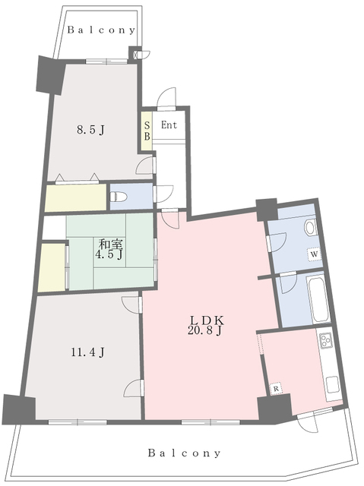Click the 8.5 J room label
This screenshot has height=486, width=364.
pos(90,130)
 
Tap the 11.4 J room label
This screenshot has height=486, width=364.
pos(87,352)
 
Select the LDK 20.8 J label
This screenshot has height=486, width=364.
pos(205,325)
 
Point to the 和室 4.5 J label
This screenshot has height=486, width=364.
pos(109,249)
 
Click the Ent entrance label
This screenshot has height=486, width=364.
pos(169,125)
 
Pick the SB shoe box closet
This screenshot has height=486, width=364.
pos(147,131)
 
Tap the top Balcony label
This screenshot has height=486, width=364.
pos(101,30)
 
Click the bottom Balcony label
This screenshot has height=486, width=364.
pos(184,453)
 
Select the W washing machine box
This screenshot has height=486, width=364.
pos(314,254)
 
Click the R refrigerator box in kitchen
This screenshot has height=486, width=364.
pos(277,388)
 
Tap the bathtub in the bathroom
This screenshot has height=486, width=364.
pos(318,299)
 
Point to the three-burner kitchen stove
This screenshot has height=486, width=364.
pos(325,340)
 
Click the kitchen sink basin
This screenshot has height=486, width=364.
pos(333,384)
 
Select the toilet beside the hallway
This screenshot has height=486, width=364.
pos(119,197)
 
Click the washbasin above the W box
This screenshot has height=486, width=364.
pos(310,228)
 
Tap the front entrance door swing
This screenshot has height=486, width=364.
pos(166,99)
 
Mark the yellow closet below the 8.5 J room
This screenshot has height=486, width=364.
pos(76,198)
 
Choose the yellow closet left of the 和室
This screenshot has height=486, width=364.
pos(52,267)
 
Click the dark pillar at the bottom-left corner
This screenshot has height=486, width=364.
pos(18,409)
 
